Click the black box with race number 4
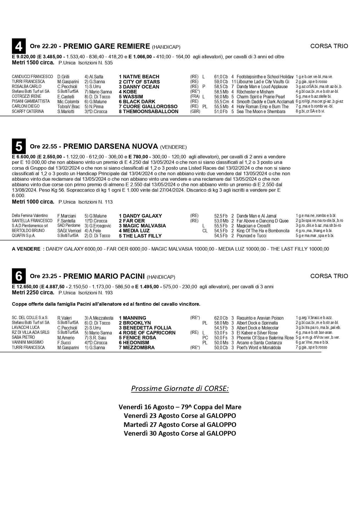point(19,46)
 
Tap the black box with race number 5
point(19,146)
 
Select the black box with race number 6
point(19,276)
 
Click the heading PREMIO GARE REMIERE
point(106,46)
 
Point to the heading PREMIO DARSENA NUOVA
point(110,146)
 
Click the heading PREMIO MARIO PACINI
point(104,276)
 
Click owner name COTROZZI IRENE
point(26,97)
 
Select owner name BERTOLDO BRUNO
point(28,231)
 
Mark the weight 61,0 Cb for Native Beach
point(221,77)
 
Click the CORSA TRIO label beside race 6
point(329,276)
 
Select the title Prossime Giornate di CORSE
point(180,388)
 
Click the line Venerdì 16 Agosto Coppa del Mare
point(180,407)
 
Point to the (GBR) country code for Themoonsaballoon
point(195,112)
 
